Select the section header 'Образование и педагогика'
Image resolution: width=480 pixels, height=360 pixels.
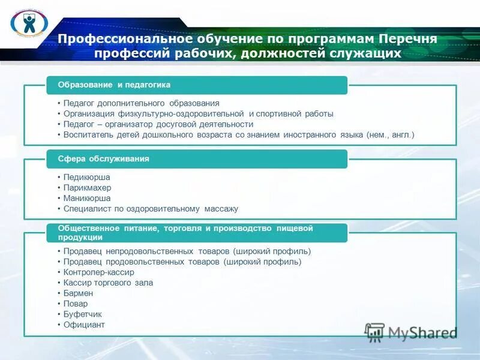pos(114,85)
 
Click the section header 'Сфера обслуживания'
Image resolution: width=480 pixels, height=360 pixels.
pos(104,159)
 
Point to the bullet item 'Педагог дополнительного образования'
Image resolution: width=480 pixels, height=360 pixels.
pos(142,103)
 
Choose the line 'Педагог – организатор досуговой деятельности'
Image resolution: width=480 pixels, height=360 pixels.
pos(158,124)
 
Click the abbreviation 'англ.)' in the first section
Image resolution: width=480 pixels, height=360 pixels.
pos(402,135)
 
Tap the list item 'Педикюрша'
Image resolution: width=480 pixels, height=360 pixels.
pos(87,178)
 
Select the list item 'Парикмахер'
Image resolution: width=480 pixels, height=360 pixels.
pos(88,188)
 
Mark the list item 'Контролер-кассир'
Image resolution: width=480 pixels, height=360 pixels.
pos(99,272)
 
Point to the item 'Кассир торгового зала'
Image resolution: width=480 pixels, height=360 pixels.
pos(109,283)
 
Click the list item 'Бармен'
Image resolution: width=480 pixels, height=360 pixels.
pos(79,293)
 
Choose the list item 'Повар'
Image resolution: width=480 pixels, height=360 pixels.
pos(76,304)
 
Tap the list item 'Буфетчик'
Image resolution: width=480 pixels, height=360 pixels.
pos(83,314)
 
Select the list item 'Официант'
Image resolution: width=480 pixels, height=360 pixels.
pos(85,325)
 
